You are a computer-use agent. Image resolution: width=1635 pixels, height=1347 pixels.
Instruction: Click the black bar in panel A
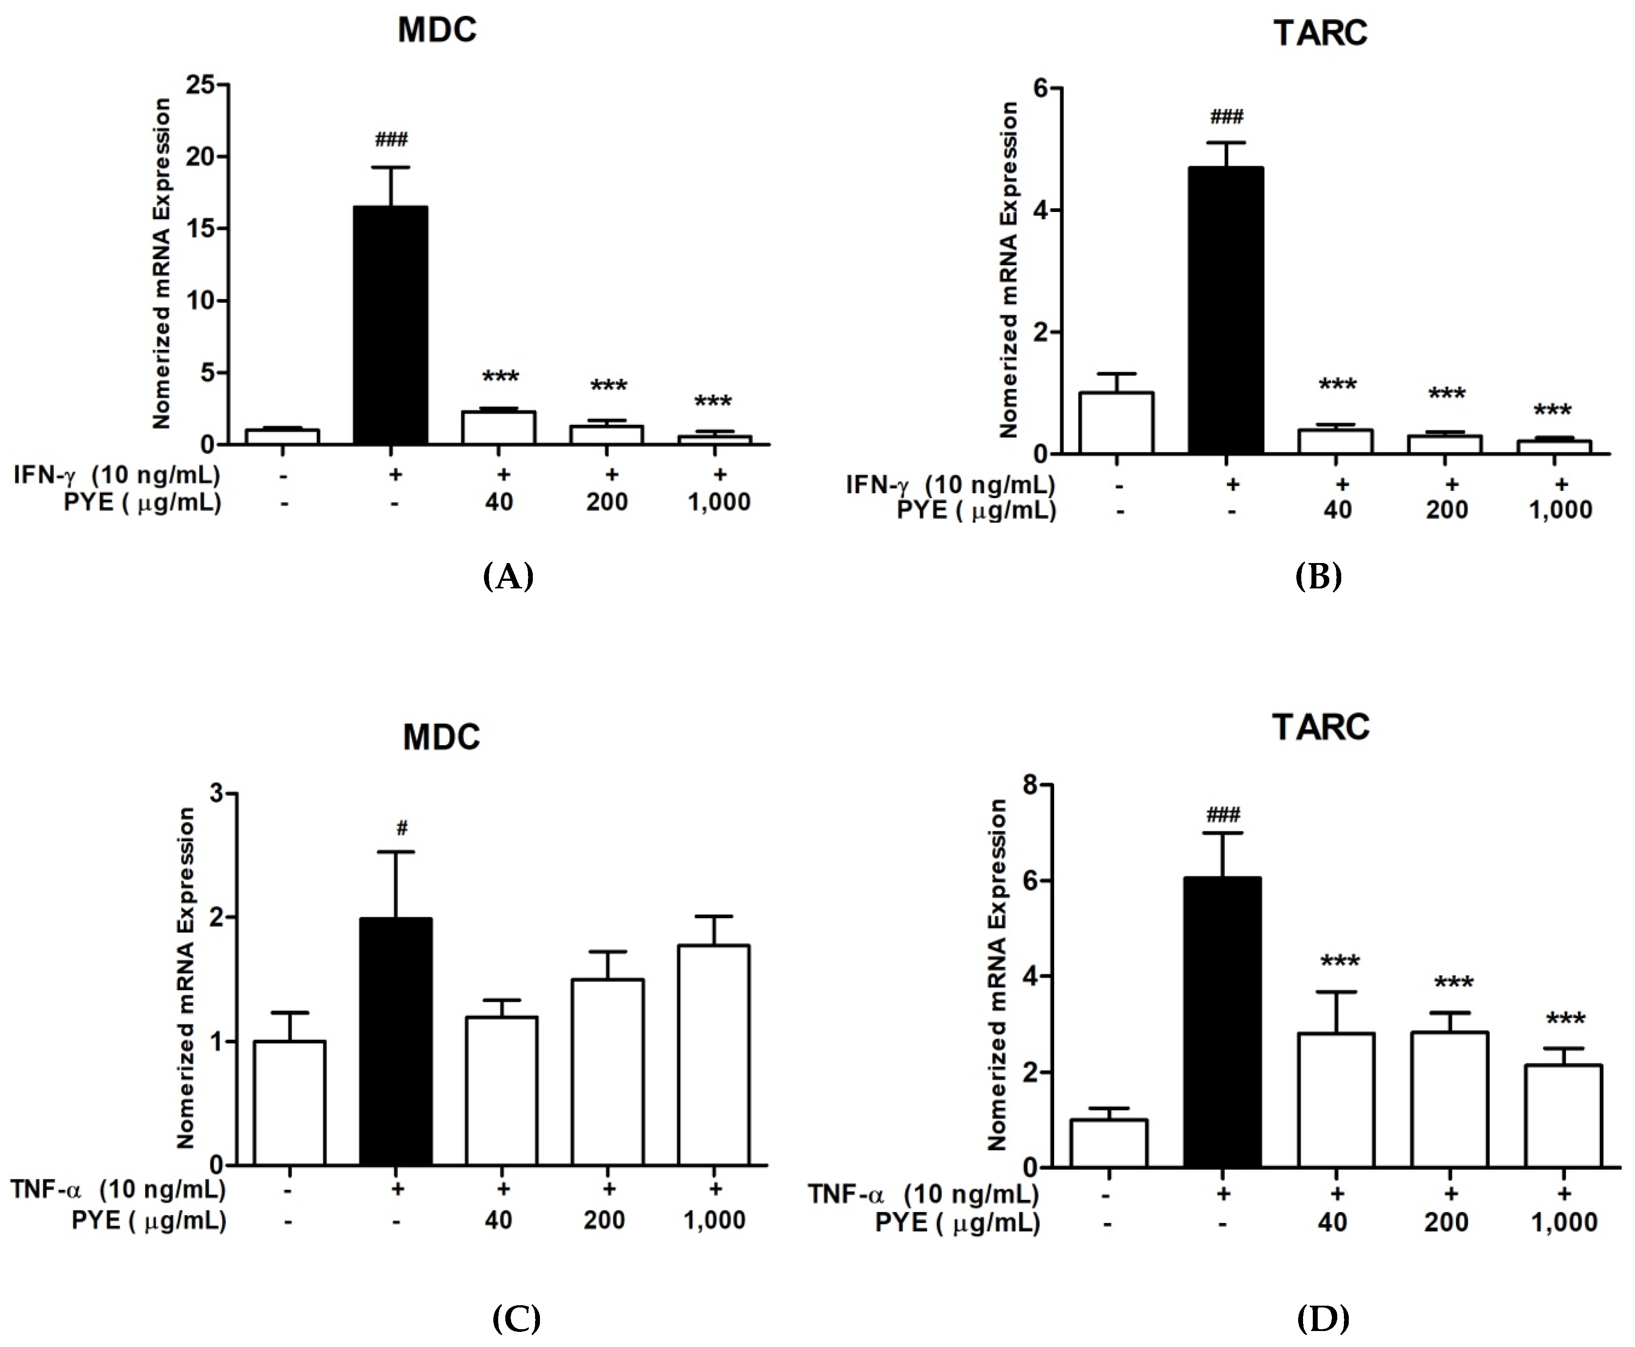(390, 326)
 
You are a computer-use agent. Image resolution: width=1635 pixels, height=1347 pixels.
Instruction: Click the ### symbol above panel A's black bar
(391, 140)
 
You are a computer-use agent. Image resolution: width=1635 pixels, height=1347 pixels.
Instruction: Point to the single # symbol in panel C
(401, 828)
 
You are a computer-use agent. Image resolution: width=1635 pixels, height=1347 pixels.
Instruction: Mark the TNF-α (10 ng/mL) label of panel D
(923, 1193)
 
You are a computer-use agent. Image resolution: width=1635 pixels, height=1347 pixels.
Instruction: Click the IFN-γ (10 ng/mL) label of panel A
(116, 474)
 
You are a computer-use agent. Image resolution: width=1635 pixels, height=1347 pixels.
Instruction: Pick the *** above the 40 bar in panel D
(1340, 962)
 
